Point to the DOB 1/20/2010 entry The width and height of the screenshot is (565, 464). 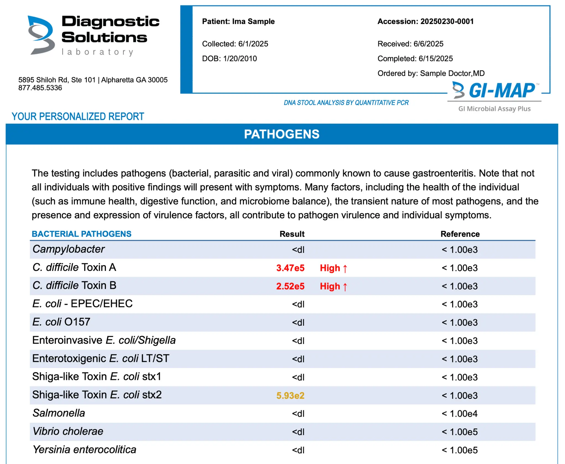coord(229,58)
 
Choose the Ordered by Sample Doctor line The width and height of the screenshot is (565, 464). coord(431,73)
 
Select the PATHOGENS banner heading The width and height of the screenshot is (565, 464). coord(281,134)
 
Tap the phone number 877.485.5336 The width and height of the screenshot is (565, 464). coord(40,88)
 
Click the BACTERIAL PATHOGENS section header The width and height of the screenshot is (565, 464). coord(81,234)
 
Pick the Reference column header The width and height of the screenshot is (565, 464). coord(460,234)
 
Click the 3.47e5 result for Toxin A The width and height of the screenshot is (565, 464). coord(290,268)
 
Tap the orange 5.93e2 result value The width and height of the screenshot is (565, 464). coord(290,396)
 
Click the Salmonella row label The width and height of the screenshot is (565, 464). coord(59,413)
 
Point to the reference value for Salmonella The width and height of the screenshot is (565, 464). coord(460,414)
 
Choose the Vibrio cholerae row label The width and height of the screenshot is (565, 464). coord(68,431)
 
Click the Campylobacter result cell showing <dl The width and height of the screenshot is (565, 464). coord(298,250)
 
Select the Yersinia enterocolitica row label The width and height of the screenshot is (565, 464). coord(84,450)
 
